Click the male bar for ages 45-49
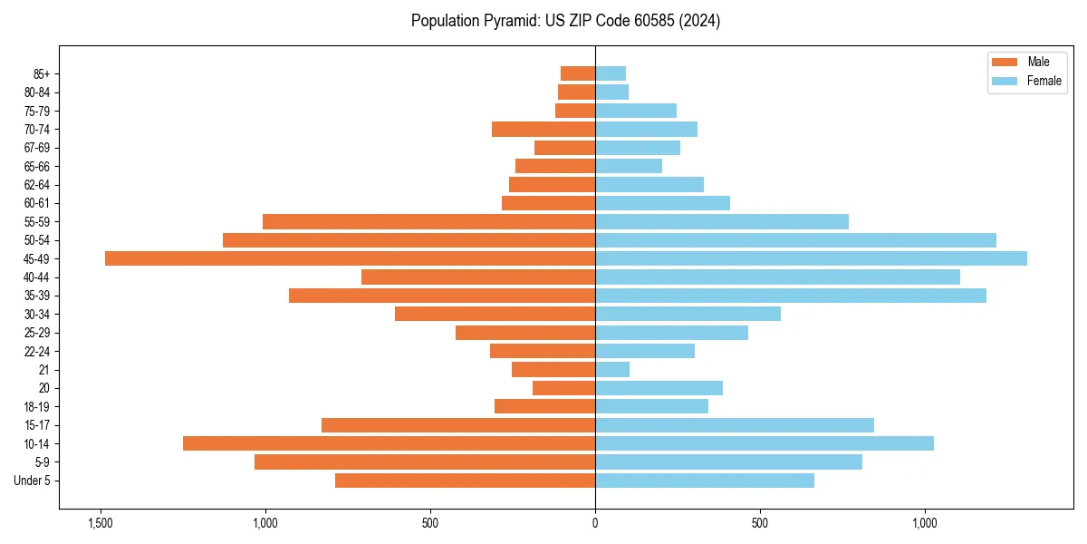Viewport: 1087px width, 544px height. [x=350, y=258]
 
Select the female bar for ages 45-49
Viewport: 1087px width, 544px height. [x=811, y=258]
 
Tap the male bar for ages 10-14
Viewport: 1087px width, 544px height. [x=389, y=443]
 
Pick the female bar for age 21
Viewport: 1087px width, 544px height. [x=612, y=370]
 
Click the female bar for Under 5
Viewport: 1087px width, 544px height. [x=705, y=481]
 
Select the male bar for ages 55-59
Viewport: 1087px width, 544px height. [x=428, y=222]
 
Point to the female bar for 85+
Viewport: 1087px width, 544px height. [x=611, y=73]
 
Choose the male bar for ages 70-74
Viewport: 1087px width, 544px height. [x=543, y=130]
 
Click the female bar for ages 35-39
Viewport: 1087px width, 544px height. [x=791, y=296]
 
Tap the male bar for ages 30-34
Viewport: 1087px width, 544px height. [x=495, y=314]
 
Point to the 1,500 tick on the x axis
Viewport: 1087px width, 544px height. [x=100, y=523]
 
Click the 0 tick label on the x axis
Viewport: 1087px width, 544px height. [x=595, y=523]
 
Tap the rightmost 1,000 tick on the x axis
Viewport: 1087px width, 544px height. [x=925, y=523]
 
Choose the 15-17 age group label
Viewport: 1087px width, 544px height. [x=37, y=425]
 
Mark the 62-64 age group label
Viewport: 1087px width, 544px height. [x=37, y=185]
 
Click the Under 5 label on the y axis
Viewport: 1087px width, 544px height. [x=33, y=481]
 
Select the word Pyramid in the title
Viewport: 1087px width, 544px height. [x=508, y=21]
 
